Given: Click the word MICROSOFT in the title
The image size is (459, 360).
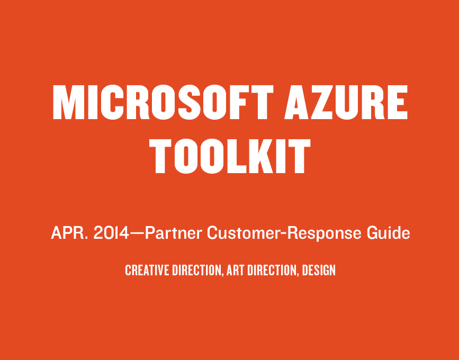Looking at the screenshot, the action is tap(163, 102).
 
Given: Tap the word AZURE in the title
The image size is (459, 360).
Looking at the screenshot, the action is tap(346, 102).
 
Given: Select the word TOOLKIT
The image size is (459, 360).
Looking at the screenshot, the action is tap(230, 156).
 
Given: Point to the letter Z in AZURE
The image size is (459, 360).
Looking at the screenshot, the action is tap(321, 102).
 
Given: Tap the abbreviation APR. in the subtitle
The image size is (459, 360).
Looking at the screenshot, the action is tap(69, 233).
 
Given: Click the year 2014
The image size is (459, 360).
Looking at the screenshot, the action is tap(111, 233).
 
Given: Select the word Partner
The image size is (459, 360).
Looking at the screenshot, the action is tap(173, 233).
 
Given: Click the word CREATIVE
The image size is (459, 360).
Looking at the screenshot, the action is tap(147, 270).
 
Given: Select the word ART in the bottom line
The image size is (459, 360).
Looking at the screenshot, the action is tap(236, 270).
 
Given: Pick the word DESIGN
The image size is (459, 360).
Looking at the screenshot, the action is tap(319, 270).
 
